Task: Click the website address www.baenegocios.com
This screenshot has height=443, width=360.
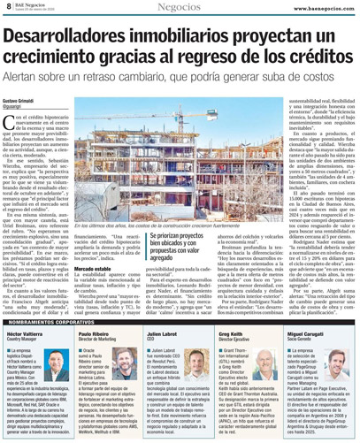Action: tap(316, 6)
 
